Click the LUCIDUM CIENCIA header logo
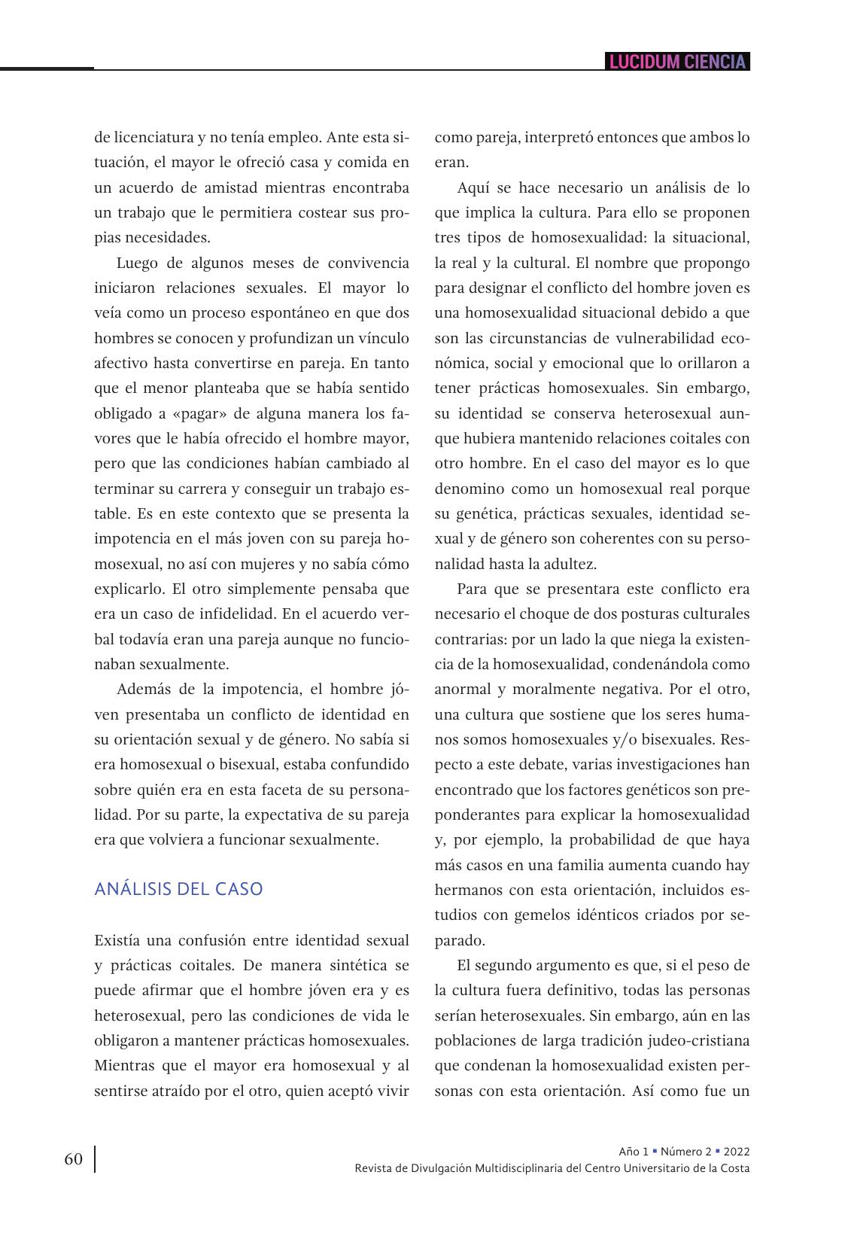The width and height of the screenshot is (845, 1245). click(x=676, y=62)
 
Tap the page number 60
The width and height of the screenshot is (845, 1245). click(x=73, y=1159)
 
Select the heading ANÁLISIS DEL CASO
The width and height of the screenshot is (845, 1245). click(x=178, y=889)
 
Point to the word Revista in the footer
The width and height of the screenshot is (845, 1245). click(x=372, y=1168)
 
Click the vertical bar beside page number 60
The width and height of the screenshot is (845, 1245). click(x=95, y=1159)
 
